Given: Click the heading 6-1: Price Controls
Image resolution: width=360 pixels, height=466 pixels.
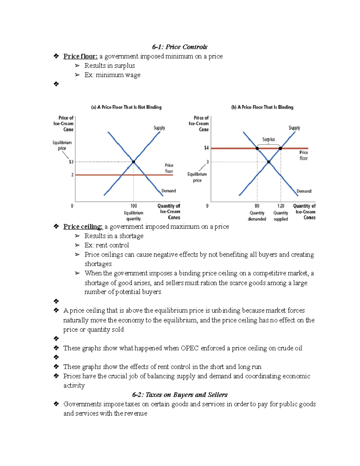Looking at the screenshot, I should click(179, 47).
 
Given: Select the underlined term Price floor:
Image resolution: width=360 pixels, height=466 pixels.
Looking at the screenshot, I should click(80, 56).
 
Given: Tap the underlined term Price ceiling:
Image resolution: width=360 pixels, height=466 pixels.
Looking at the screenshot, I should click(83, 227).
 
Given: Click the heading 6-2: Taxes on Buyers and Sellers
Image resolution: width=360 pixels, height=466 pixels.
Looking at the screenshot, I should click(180, 395).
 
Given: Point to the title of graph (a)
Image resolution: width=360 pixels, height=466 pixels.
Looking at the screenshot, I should click(126, 107).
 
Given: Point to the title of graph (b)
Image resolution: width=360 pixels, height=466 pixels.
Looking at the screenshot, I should click(262, 107).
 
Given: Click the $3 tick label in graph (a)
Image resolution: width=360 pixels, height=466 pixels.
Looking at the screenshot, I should click(71, 162).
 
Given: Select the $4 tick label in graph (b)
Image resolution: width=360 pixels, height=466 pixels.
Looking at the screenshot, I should click(206, 148).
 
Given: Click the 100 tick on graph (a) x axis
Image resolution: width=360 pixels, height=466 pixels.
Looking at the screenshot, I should click(133, 206).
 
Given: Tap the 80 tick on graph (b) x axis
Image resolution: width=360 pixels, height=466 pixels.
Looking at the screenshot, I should click(257, 206).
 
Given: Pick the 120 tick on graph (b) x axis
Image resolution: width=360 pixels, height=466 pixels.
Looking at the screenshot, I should click(280, 206).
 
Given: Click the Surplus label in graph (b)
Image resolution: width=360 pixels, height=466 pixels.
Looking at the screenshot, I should click(268, 139).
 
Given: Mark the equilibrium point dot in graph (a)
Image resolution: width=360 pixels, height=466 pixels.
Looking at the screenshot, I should click(133, 162).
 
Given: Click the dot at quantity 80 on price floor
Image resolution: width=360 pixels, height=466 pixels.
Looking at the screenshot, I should click(257, 148).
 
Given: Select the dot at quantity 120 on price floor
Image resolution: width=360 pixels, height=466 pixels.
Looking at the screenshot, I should click(280, 148).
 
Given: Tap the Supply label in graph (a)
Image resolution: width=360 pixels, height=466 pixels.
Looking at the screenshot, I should click(159, 128).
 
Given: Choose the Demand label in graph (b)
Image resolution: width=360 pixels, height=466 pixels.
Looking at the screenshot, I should click(304, 191).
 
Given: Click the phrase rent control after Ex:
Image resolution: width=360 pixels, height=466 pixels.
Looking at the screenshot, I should click(112, 245).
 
